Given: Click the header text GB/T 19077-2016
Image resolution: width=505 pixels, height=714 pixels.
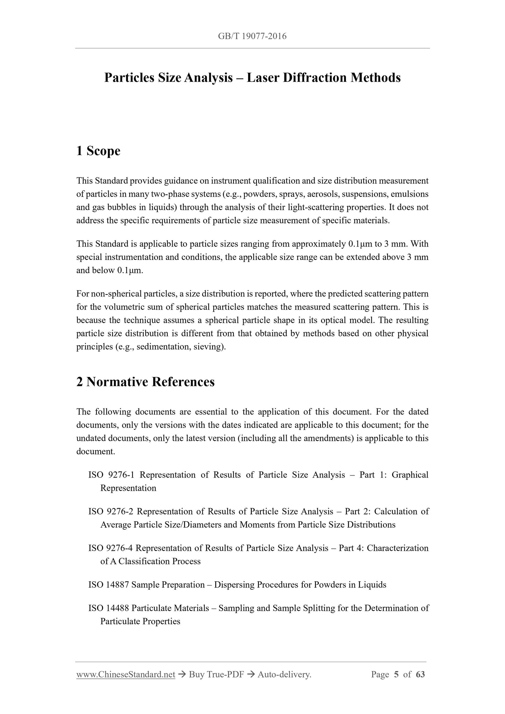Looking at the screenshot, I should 252,36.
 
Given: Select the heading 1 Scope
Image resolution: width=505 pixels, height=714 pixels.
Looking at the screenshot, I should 98,151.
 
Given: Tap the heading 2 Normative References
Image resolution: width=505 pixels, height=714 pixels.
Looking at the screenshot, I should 145,382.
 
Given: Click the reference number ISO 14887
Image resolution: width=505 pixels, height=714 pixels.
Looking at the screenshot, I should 109,585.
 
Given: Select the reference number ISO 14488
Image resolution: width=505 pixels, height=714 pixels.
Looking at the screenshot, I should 109,608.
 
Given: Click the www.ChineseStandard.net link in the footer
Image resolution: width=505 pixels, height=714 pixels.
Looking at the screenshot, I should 125,675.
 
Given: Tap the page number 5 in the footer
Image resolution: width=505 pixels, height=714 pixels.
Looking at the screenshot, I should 396,675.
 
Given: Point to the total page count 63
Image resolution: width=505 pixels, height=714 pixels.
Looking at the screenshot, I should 420,675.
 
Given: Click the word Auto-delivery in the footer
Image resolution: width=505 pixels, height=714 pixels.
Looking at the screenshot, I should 284,675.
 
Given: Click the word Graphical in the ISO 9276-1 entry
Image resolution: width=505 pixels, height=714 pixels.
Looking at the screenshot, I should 410,475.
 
